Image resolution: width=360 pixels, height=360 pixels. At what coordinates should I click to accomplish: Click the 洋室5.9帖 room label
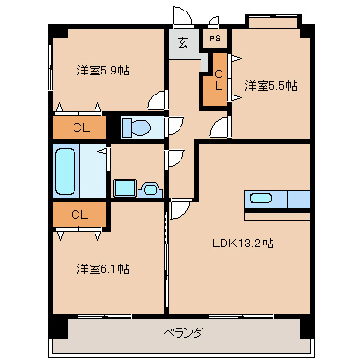click(103, 70)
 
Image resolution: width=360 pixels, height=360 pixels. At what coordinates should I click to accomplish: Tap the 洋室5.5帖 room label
click(270, 86)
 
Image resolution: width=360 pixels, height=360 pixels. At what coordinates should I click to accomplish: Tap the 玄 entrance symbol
click(182, 42)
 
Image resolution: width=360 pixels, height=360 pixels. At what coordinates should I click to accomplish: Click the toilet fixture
click(138, 125)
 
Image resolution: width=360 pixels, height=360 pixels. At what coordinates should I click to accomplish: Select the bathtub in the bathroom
click(66, 172)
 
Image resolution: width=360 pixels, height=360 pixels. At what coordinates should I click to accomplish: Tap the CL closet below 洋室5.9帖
click(79, 125)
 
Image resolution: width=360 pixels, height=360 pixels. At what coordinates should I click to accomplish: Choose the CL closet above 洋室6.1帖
click(79, 215)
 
